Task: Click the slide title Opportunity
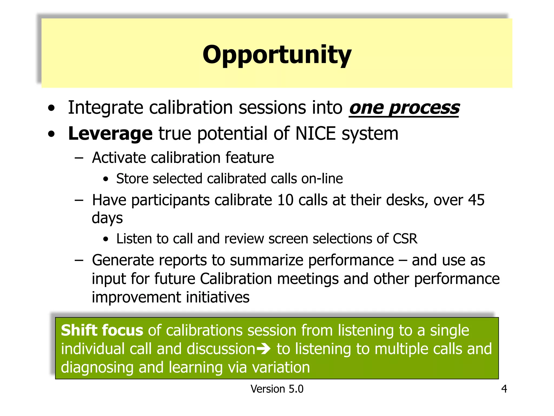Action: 277,55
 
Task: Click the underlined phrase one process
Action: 404,108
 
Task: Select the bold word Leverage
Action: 110,134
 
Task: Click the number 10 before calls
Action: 285,200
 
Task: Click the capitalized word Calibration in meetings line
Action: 236,279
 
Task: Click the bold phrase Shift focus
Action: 102,330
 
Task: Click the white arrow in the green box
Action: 263,349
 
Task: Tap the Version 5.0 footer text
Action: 277,389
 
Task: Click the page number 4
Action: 504,389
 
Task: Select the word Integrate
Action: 105,108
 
